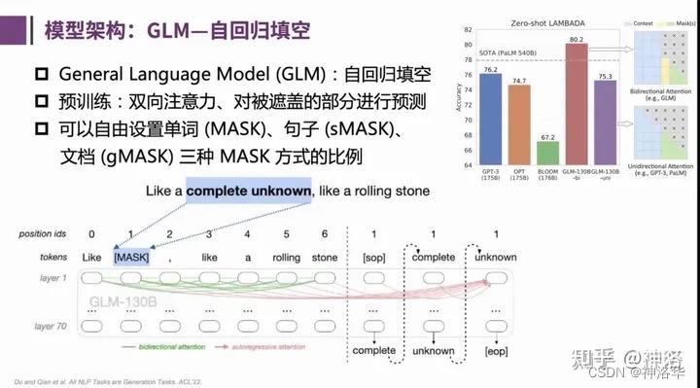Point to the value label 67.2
(548, 136)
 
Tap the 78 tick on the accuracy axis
(469, 59)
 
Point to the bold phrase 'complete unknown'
(250, 191)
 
